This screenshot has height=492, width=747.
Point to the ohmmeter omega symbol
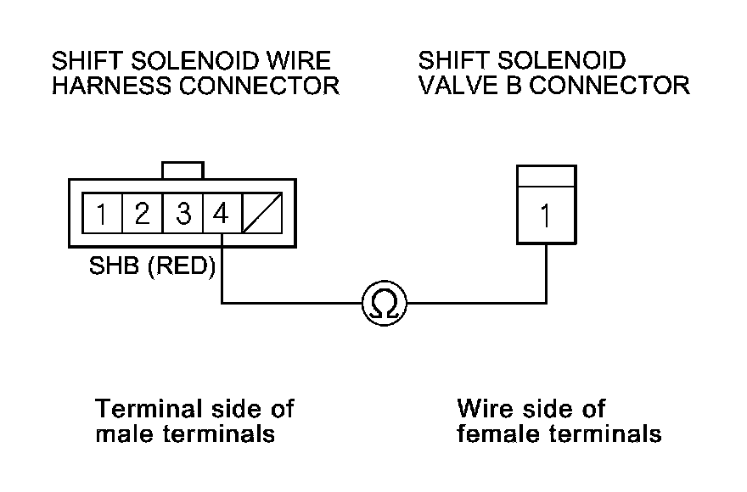384,302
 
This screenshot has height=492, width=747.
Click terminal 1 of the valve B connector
545,216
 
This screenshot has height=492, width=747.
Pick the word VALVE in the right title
456,87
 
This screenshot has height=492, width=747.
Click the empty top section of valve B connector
546,176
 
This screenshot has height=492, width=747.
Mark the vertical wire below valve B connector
546,271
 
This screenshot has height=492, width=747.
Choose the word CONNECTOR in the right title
609,87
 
